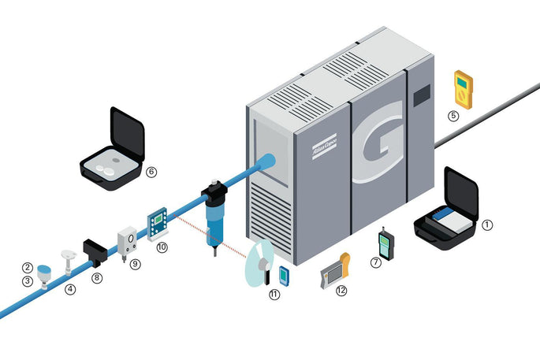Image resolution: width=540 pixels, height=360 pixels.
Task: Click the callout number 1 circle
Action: click(x=487, y=224)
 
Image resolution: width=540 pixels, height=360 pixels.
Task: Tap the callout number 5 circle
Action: click(x=453, y=115)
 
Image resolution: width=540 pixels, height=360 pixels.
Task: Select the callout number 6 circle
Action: click(x=152, y=170)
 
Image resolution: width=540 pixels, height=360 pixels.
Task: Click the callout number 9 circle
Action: click(x=135, y=264)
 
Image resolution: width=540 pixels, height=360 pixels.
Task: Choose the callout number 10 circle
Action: click(x=162, y=247)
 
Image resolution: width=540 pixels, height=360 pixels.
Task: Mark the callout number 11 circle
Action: click(x=274, y=294)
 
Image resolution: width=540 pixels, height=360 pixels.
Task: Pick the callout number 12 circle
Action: click(x=341, y=291)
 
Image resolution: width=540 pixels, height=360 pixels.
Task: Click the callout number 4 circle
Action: click(x=71, y=289)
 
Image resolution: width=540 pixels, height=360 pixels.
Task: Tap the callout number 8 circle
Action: click(x=97, y=278)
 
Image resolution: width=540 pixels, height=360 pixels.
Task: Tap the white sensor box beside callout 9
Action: click(x=126, y=241)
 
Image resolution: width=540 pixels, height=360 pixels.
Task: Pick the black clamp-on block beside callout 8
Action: click(x=94, y=251)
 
